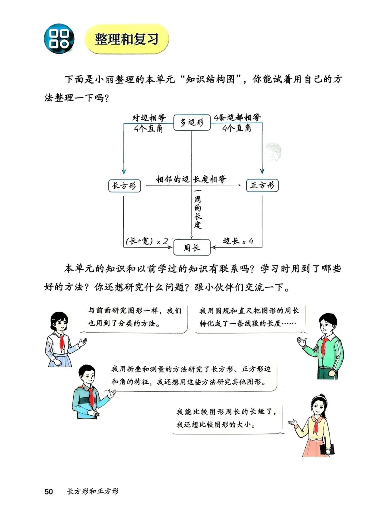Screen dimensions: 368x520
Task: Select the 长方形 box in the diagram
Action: click(x=124, y=186)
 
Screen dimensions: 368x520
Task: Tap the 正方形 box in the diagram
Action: click(x=262, y=185)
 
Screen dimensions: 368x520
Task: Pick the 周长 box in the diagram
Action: click(x=192, y=248)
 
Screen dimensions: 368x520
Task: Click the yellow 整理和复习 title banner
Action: click(x=126, y=39)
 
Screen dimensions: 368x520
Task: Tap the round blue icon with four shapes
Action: click(x=59, y=39)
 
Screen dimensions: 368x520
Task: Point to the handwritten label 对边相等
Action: click(x=149, y=118)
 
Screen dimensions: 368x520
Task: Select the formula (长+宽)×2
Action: click(x=147, y=241)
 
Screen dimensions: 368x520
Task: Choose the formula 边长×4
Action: click(x=238, y=241)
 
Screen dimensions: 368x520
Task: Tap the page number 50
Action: click(x=49, y=491)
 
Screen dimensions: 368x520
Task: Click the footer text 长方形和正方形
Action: click(x=93, y=491)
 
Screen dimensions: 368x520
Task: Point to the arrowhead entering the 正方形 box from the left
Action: click(x=240, y=185)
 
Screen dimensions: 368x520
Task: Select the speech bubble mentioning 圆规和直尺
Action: click(x=249, y=317)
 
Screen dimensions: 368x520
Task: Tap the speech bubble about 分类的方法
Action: click(x=135, y=317)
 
